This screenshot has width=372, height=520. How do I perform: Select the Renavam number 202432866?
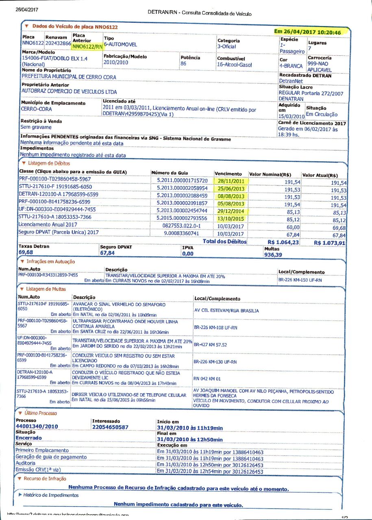click(59, 43)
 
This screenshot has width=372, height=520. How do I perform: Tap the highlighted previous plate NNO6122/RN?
click(87, 47)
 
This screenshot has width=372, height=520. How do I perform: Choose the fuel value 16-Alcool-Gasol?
click(235, 65)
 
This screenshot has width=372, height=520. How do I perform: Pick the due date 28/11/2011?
click(231, 181)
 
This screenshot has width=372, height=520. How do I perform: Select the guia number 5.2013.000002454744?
click(182, 211)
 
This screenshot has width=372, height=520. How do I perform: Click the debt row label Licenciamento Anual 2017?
click(48, 225)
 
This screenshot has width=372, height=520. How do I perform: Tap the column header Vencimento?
click(228, 174)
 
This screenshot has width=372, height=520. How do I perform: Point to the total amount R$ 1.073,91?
click(330, 243)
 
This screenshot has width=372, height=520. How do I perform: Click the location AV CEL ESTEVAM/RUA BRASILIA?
click(226, 311)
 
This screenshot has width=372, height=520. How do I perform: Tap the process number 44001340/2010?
click(37, 427)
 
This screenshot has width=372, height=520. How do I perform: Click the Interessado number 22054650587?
click(111, 427)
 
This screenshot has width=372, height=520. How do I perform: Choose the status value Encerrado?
click(28, 438)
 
